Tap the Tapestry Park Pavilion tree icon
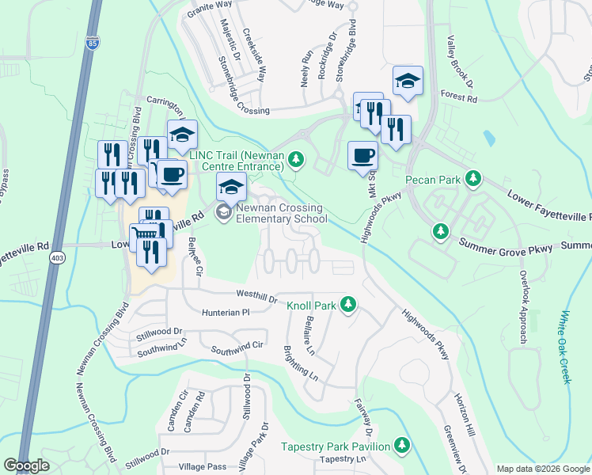(403, 446)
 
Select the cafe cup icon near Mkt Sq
(362, 154)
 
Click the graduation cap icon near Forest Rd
(408, 81)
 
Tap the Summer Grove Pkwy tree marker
(440, 231)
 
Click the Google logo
(26, 465)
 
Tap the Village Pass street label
(204, 467)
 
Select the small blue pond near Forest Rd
(488, 139)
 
